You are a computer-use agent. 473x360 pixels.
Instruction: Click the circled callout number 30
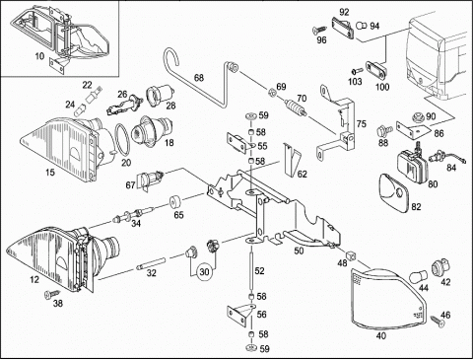coord(204,272)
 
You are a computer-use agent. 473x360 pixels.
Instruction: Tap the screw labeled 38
coord(52,294)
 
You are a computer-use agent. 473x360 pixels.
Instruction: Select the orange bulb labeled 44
coord(418,277)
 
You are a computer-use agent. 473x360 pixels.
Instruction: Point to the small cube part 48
coord(352,254)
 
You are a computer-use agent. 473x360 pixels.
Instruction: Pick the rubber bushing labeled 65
coord(174,202)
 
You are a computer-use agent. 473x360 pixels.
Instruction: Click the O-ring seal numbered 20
coord(121,139)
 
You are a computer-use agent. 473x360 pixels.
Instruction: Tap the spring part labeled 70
coord(297,108)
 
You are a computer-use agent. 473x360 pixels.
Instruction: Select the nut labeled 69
coord(272,92)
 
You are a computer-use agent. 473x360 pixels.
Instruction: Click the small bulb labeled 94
coord(362,26)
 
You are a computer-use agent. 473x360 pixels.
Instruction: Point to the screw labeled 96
coord(318,31)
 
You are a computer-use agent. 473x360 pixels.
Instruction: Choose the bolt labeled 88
coord(384,130)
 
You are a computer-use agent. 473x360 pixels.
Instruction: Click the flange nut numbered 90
coord(418,116)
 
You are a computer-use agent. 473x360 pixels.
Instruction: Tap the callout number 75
coord(362,124)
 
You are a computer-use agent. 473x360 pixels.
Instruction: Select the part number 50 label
coord(299,251)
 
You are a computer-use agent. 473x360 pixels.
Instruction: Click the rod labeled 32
coord(150,264)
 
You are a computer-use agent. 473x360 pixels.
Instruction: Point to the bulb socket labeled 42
coord(440,265)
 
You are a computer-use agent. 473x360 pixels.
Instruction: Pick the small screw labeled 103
coord(357,70)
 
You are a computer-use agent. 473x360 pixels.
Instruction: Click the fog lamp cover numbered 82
coord(393,192)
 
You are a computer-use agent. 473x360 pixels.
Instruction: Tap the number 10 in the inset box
coord(39,56)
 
